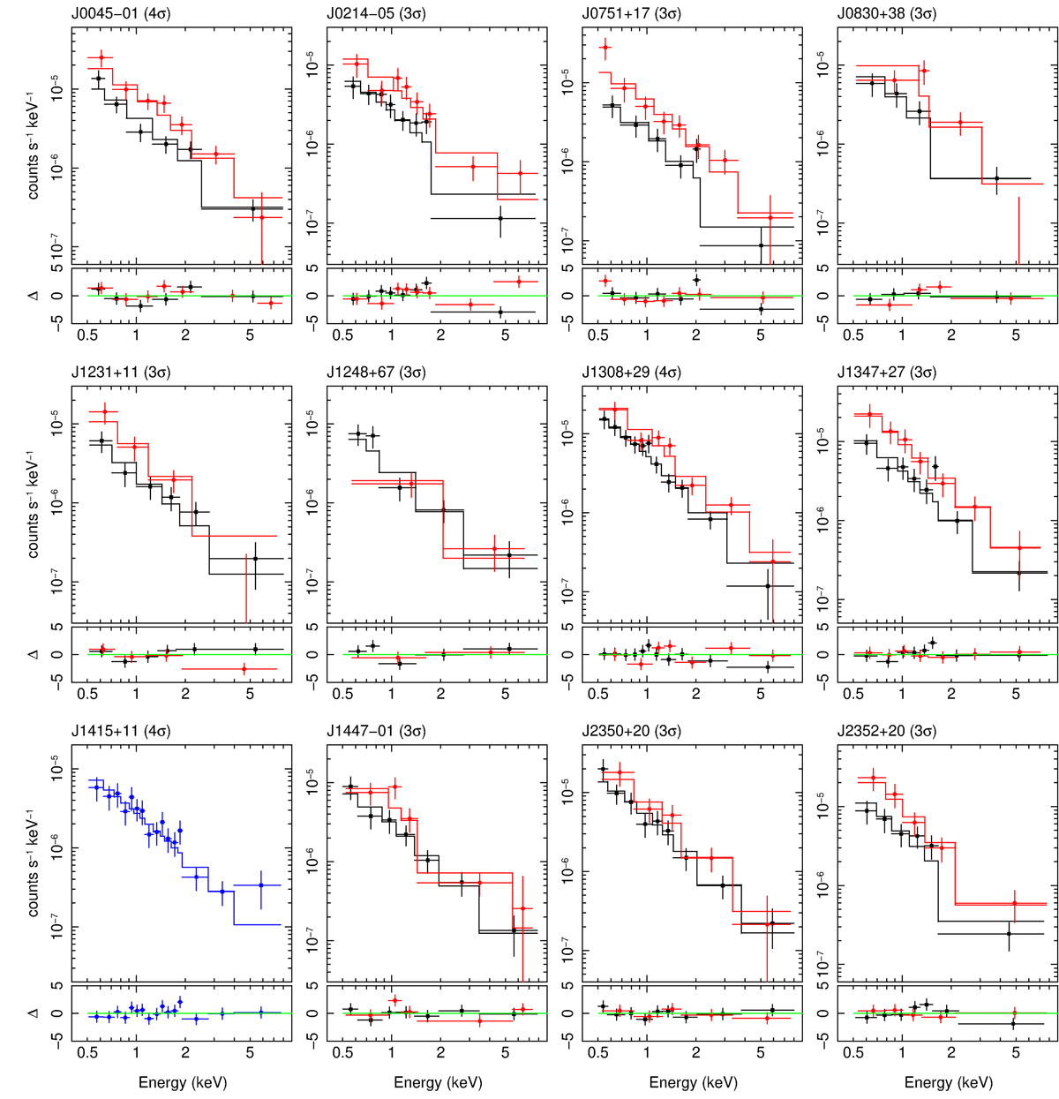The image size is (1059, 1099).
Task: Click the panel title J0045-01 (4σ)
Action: click(x=121, y=14)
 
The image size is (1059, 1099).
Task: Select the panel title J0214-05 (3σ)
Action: click(x=376, y=14)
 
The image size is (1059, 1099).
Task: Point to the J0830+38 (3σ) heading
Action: click(x=887, y=14)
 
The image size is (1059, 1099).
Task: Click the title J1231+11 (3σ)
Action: click(x=121, y=373)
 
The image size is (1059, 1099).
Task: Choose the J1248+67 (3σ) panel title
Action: click(x=376, y=373)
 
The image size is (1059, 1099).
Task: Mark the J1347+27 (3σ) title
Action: click(x=887, y=373)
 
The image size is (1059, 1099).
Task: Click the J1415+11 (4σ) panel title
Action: click(x=121, y=731)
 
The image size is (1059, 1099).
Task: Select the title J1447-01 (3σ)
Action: click(x=376, y=731)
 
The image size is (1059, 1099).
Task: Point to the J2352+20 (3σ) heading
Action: click(x=887, y=731)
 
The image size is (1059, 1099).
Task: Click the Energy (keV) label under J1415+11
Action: click(x=183, y=1082)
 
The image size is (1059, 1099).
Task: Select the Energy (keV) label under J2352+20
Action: click(x=949, y=1082)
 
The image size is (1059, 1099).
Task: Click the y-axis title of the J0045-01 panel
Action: click(x=34, y=146)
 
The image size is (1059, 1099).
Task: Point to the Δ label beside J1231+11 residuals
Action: click(x=34, y=654)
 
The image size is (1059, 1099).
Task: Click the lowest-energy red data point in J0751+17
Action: click(x=605, y=47)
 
